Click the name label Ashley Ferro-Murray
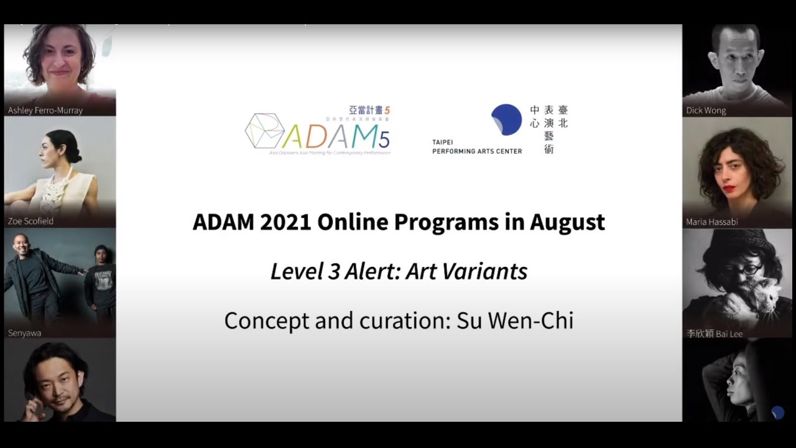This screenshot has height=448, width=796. point(45,110)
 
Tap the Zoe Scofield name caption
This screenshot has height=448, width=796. point(30,221)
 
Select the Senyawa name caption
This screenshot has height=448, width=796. point(24,333)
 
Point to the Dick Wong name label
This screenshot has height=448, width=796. point(706,110)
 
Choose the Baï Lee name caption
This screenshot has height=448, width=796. point(715,334)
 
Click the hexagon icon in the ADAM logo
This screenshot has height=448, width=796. point(264,131)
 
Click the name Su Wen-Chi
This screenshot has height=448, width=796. point(514,320)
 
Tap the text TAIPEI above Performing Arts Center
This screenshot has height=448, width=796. point(443,142)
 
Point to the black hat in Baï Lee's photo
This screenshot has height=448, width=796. point(737,240)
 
